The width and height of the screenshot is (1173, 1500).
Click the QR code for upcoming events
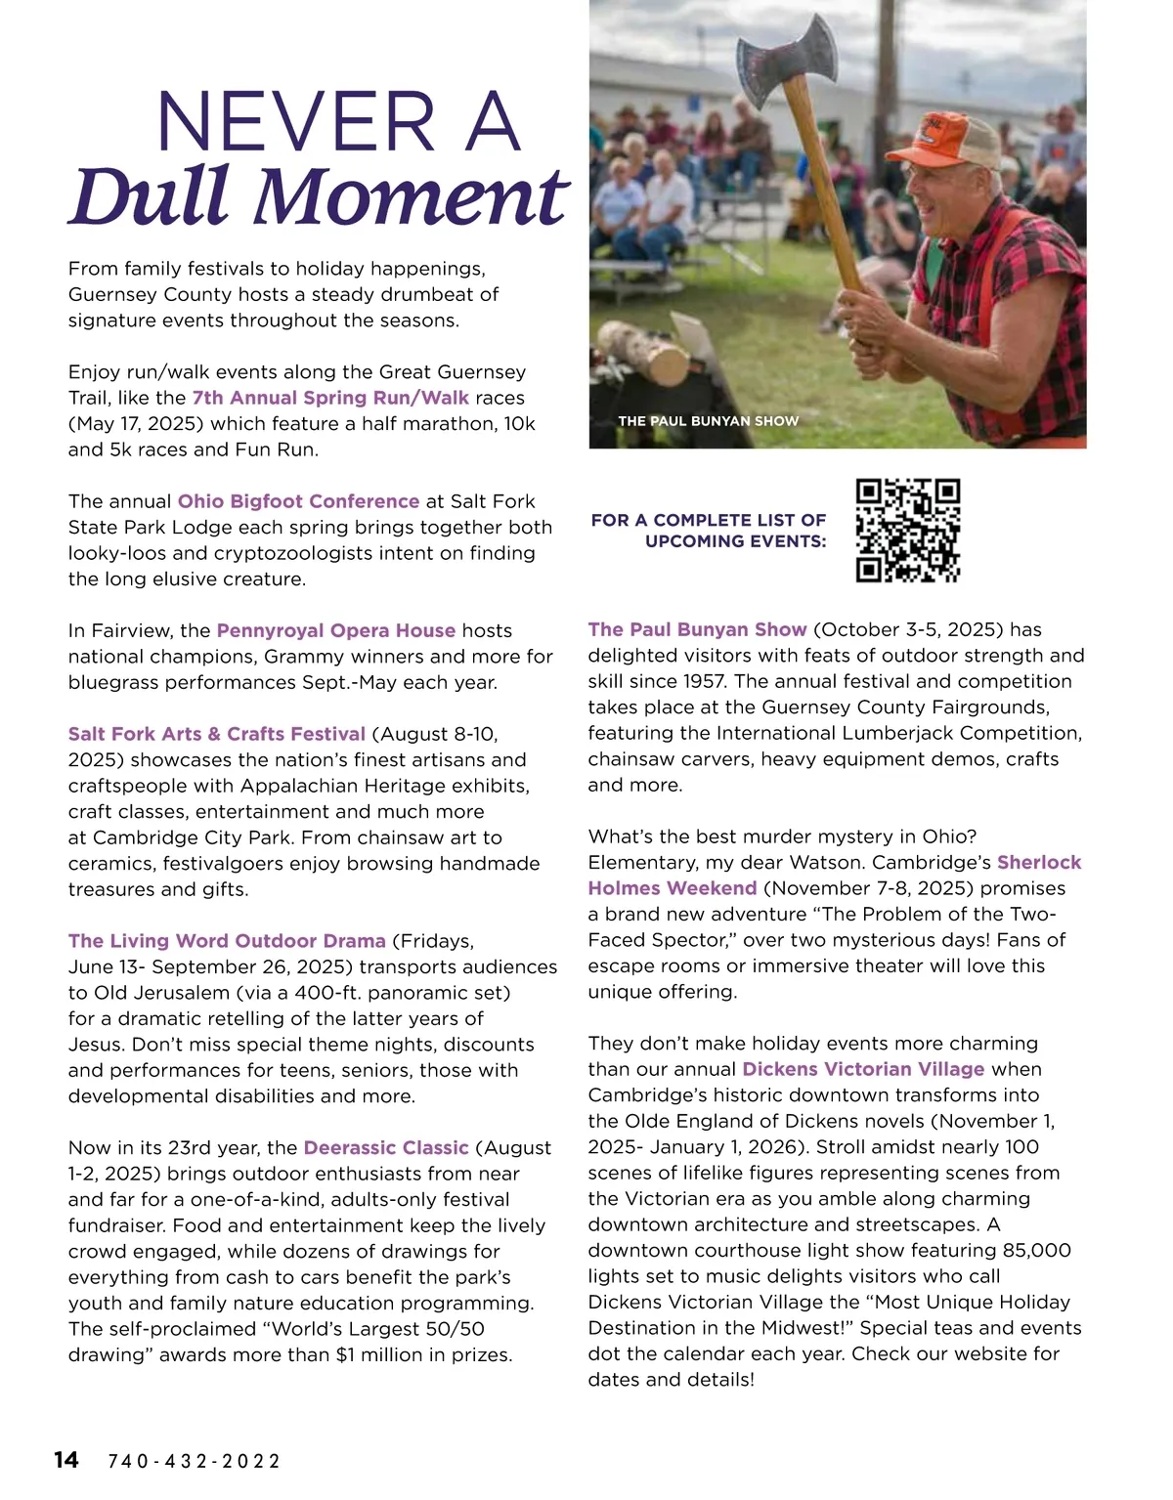click(907, 531)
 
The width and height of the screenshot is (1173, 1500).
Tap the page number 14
click(66, 1460)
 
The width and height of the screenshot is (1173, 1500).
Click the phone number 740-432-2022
click(194, 1462)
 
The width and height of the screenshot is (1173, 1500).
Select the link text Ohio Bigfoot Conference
click(298, 501)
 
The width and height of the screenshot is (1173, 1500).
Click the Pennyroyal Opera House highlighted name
click(335, 631)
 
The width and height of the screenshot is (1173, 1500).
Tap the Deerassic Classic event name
click(386, 1147)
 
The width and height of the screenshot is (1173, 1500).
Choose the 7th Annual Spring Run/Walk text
click(330, 398)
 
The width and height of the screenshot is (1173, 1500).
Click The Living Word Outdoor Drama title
click(227, 941)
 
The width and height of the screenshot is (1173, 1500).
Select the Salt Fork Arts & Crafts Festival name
click(217, 734)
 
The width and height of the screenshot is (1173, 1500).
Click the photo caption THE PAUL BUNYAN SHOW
click(708, 421)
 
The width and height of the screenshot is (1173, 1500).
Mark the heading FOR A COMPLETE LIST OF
click(708, 520)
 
